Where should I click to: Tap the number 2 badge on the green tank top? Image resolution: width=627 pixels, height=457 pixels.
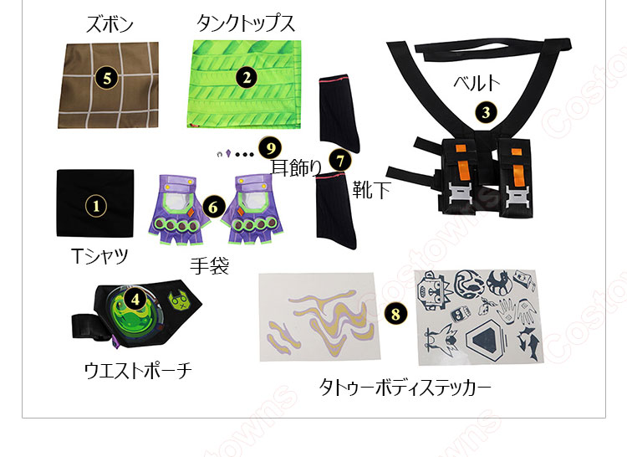coord(245,78)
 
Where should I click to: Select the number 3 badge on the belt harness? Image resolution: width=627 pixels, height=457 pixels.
coord(486,111)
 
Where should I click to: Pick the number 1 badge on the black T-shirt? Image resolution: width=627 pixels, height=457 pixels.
coord(95,203)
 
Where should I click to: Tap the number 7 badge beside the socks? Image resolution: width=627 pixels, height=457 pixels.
coord(339,157)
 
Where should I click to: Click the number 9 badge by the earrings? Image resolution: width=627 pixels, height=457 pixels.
coord(268,148)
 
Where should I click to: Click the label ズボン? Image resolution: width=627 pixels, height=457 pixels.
coord(110,24)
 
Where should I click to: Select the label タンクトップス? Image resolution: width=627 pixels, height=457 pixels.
coord(245,24)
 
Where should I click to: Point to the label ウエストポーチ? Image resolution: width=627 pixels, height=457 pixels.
coord(137,369)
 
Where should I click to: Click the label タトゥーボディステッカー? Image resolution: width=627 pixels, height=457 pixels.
coord(405,387)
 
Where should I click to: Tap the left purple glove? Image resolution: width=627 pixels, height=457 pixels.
coord(176,208)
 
